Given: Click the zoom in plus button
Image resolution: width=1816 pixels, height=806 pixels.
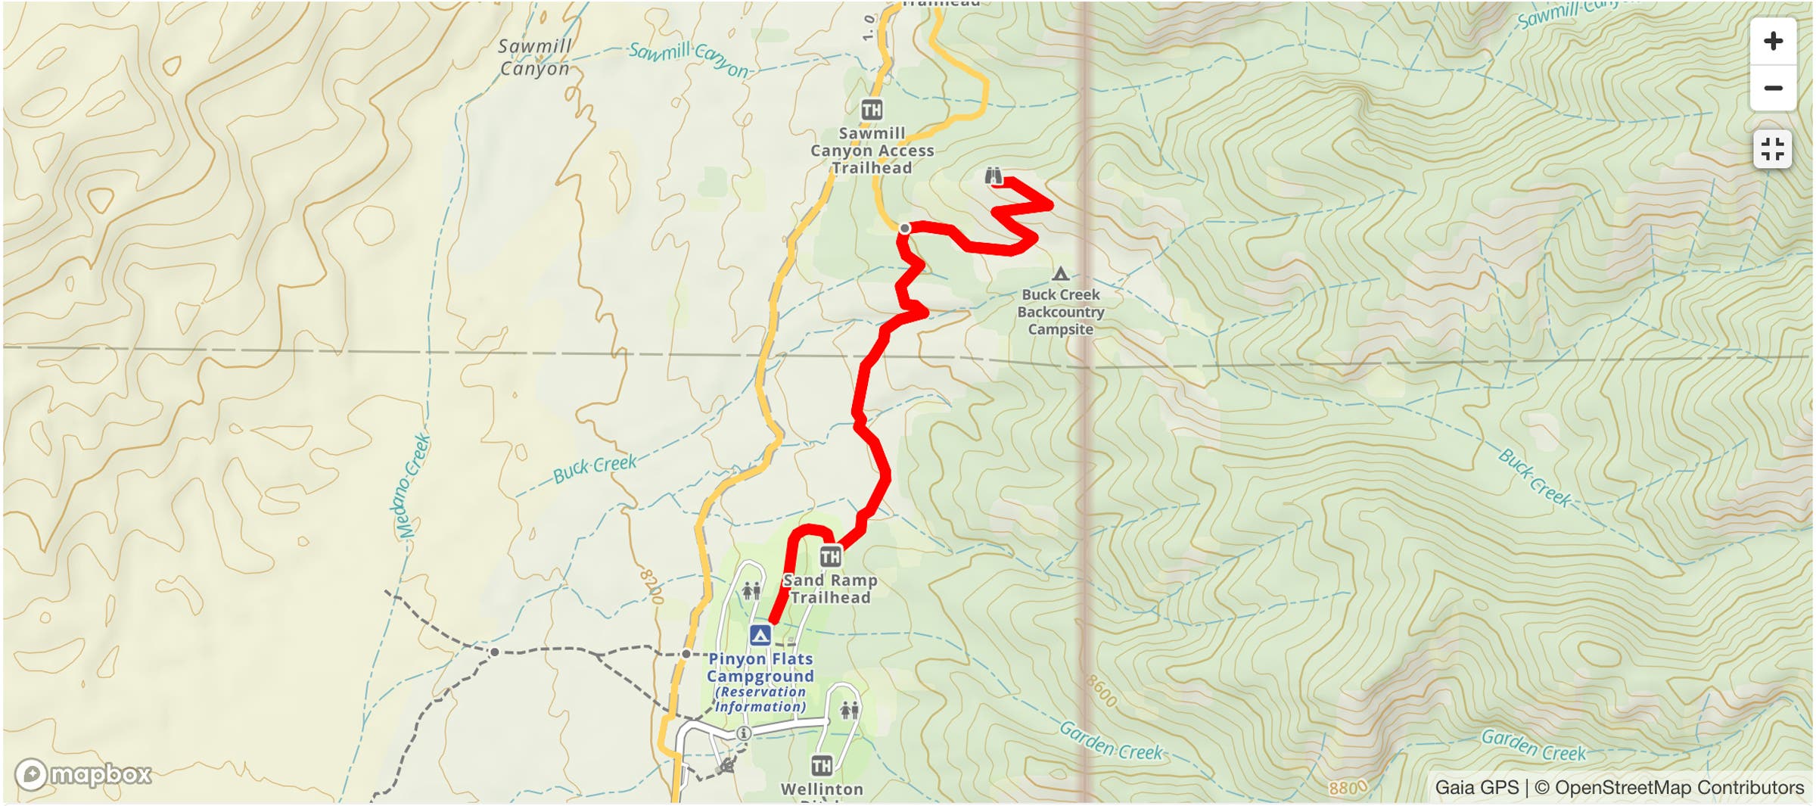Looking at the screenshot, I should coord(1773,41).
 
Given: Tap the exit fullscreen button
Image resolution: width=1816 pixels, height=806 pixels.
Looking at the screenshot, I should coord(1773,149).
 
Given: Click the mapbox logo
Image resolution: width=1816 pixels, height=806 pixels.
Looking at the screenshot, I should coord(83,774).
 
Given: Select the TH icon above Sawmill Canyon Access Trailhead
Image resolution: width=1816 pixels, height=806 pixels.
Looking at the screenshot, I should coord(872,110).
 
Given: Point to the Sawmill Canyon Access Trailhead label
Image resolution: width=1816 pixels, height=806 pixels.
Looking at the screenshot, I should coord(872,151).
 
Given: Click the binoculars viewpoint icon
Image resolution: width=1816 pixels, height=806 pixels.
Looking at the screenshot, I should coord(994,176).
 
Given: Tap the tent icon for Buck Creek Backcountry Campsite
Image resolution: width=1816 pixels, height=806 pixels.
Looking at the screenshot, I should coord(1060,274).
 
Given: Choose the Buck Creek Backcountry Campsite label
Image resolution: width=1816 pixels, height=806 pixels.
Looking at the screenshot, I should coord(1060,312).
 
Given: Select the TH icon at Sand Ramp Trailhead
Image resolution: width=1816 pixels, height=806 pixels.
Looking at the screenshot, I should coord(830,557).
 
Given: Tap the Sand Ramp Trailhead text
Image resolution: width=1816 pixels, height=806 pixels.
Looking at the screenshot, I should coord(830,589).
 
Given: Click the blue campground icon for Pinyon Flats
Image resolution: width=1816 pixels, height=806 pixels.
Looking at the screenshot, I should coord(760,635).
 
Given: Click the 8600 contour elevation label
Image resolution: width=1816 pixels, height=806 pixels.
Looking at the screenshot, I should coord(1101,690).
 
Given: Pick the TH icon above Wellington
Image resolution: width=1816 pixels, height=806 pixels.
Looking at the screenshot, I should coord(822,766).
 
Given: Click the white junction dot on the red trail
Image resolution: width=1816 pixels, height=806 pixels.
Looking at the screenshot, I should coord(905,228).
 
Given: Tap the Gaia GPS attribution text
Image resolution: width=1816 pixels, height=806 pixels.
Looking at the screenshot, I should coord(1476,788).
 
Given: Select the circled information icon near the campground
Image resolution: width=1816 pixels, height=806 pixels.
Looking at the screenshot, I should coord(744,733).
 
